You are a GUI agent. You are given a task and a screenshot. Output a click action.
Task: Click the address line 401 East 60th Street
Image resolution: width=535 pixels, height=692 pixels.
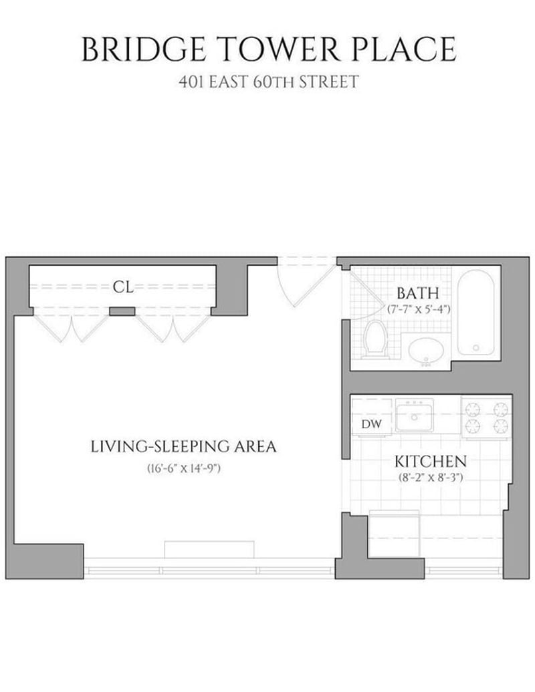[268, 82]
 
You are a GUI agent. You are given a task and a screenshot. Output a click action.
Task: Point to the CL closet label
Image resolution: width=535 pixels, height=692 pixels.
[123, 287]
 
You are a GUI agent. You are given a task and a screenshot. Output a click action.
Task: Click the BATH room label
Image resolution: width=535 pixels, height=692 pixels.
[417, 293]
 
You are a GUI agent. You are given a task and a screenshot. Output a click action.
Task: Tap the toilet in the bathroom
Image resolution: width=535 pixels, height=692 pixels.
[375, 337]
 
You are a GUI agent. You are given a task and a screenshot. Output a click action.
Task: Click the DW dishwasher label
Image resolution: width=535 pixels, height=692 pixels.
[371, 424]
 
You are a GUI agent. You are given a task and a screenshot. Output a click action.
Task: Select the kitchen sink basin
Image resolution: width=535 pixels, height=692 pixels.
[414, 417]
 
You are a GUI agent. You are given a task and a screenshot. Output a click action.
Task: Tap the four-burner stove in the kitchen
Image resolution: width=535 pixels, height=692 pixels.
[486, 417]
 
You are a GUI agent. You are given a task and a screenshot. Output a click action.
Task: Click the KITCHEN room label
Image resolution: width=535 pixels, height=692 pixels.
[430, 462]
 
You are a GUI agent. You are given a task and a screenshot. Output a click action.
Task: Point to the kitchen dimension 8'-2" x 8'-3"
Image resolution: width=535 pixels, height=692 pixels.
[430, 478]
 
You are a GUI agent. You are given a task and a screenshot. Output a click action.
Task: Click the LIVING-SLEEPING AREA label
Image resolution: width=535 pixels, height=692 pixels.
[183, 447]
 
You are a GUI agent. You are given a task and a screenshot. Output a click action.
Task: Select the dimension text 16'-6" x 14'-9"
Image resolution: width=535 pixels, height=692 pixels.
[184, 469]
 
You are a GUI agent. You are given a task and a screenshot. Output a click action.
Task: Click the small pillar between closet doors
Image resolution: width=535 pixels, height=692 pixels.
[122, 311]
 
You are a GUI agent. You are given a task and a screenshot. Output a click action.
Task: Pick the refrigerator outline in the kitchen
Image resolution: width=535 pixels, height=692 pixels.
[394, 534]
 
